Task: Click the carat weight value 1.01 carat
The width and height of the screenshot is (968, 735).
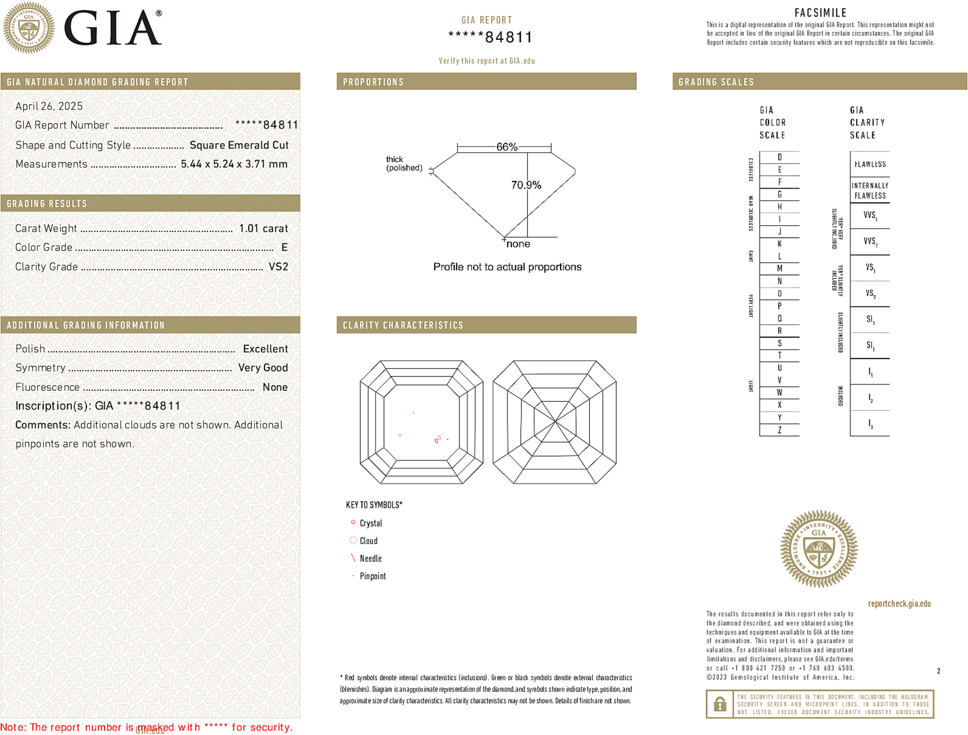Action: point(263,228)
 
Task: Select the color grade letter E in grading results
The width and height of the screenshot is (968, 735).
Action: point(284,248)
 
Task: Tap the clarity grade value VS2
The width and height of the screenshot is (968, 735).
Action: point(278,267)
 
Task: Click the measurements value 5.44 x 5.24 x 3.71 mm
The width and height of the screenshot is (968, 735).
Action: point(234,164)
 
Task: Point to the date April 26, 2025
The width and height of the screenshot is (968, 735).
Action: point(49,106)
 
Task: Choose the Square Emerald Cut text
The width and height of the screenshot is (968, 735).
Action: point(239,145)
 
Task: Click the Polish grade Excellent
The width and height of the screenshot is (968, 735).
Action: point(265,349)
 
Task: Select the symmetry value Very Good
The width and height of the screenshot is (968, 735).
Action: point(263,368)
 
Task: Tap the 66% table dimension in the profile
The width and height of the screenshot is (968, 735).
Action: point(506,147)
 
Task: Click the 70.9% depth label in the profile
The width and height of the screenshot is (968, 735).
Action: point(526,185)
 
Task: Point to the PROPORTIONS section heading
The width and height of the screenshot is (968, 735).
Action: point(373,82)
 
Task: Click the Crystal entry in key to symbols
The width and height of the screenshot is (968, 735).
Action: point(371,523)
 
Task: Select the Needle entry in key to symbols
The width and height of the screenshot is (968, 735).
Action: point(371,558)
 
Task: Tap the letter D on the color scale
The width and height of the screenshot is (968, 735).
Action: point(779,157)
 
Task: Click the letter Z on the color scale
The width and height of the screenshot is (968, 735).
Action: point(779,430)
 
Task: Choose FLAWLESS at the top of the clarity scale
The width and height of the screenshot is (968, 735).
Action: point(870,164)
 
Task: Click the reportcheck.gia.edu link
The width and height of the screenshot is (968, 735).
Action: point(899,604)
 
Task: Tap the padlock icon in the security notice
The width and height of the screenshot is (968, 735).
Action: point(719,704)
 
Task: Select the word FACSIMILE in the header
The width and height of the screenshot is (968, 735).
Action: point(820,13)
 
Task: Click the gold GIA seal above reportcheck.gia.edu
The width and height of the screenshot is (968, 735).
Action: point(819,549)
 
